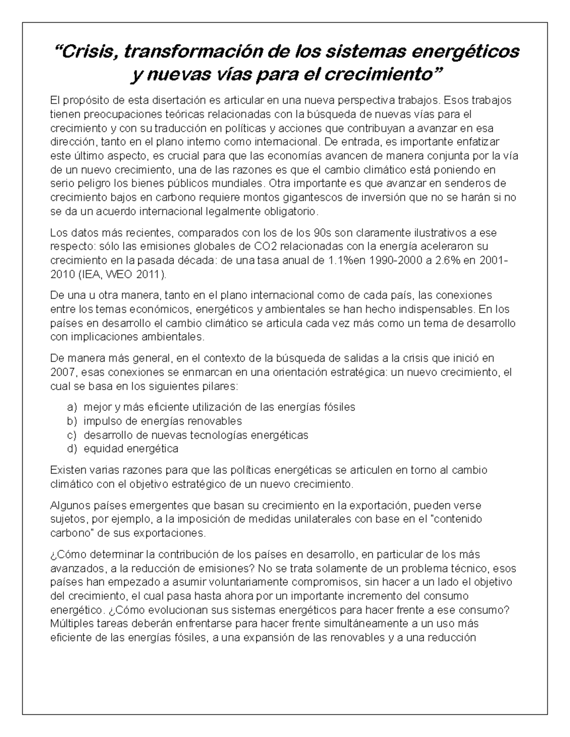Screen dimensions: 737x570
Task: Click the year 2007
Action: click(60, 372)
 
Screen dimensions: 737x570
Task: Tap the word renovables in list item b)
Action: click(217, 421)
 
